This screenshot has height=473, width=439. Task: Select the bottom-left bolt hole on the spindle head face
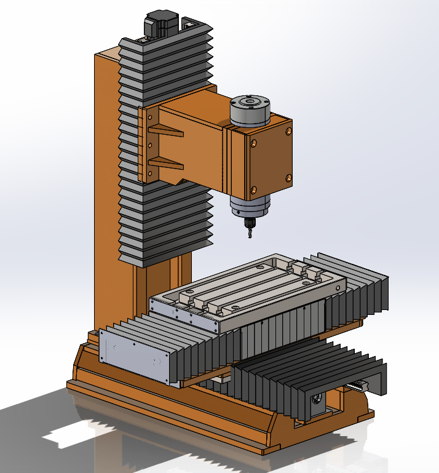[x=252, y=189]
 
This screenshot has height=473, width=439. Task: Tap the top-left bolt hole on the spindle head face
[x=253, y=143]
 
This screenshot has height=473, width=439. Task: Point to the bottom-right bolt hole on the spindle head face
[x=288, y=178]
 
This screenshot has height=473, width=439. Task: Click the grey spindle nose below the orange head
[x=250, y=207]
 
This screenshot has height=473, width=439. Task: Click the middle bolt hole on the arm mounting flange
[x=149, y=145]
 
